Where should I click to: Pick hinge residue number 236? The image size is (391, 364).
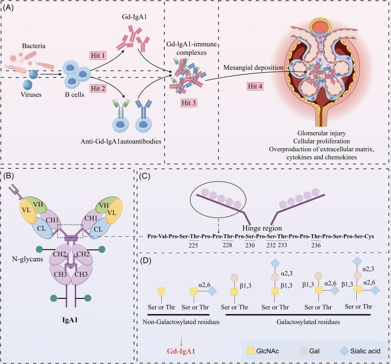click(x=323, y=246)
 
